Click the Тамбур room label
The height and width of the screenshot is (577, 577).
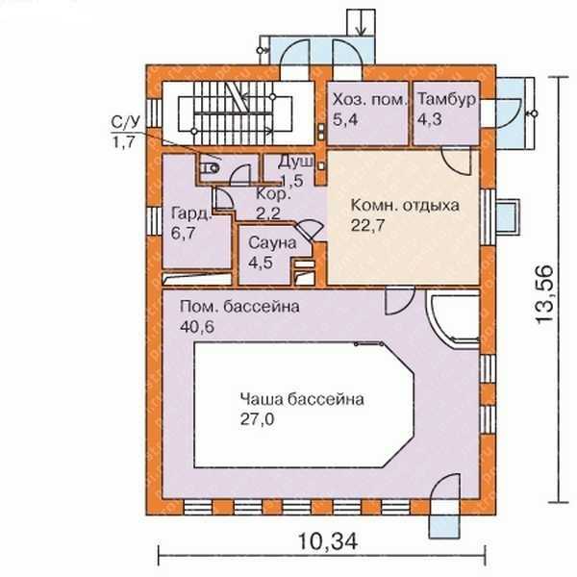pos(446,99)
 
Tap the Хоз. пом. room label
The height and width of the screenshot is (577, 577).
pos(370,99)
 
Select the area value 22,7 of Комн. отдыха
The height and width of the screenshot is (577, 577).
pos(367,225)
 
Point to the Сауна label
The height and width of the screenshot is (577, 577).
pos(272,243)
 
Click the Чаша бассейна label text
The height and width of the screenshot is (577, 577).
pos(302,399)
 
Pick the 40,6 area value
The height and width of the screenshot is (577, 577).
pos(197,326)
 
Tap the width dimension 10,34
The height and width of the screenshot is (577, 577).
pos(327,541)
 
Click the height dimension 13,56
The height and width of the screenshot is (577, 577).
pos(544,294)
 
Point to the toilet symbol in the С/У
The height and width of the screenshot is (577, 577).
pos(209,168)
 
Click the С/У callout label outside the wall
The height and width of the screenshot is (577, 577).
pos(125,132)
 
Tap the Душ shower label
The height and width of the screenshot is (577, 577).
pos(296,162)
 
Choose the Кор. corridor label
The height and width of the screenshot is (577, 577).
pos(273,194)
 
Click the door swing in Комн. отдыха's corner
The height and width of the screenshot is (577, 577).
pos(456,161)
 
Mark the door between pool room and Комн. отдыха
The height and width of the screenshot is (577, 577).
pos(400,301)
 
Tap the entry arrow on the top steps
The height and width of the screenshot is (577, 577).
pos(361,23)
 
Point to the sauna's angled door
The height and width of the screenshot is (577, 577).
pos(309,230)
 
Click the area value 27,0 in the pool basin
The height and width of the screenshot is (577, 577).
pos(257,419)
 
